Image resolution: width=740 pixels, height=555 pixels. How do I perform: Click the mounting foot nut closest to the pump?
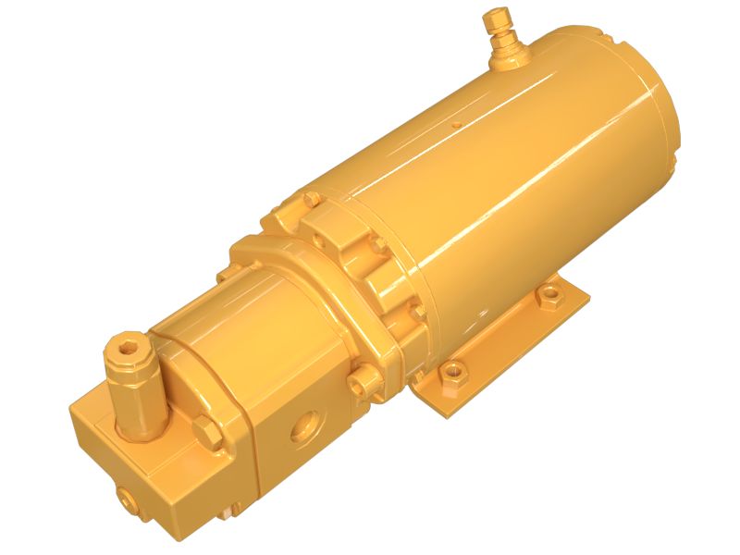coord(452,372)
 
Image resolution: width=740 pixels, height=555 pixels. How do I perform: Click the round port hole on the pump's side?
coord(302,425)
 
